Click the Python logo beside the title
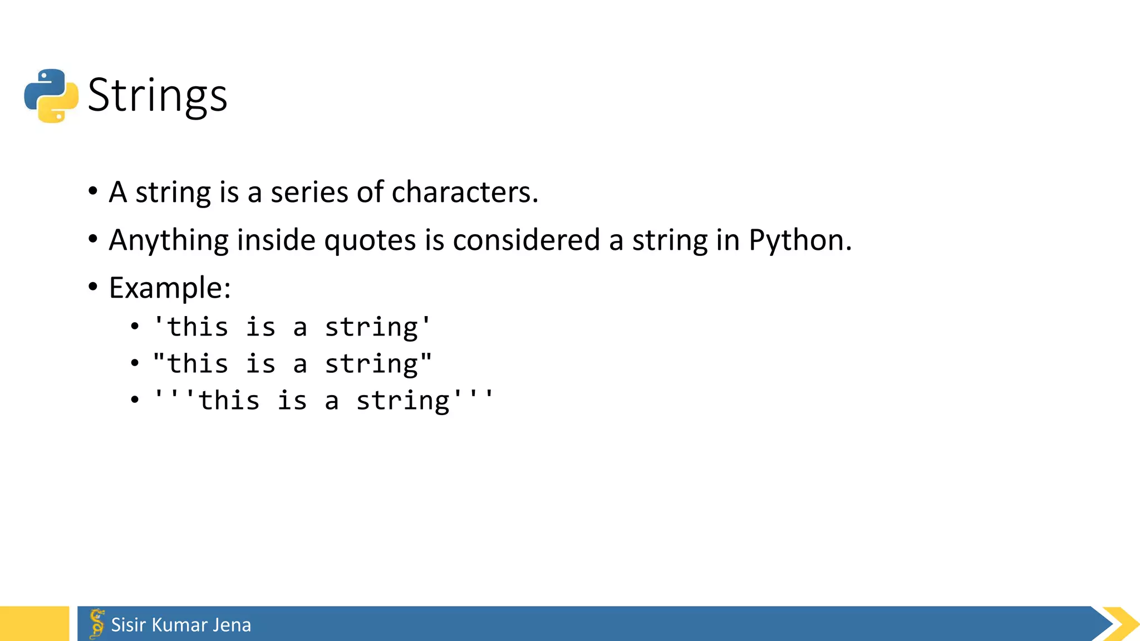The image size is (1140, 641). [x=51, y=96]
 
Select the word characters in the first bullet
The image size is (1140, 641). [x=465, y=193]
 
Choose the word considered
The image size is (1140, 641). [x=526, y=241]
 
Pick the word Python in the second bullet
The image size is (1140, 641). [x=799, y=241]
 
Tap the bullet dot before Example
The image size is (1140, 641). [x=93, y=287]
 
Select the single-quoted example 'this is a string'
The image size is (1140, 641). [x=292, y=327]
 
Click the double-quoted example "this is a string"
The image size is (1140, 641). [x=292, y=364]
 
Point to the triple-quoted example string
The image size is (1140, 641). [x=323, y=401]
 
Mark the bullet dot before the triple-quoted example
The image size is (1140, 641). [x=135, y=400]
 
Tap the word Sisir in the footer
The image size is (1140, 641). [x=129, y=625]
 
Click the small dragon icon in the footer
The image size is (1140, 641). [x=97, y=623]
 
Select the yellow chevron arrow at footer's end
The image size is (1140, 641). [x=1121, y=624]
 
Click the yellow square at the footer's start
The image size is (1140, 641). [x=34, y=624]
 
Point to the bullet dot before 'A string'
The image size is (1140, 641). [x=93, y=191]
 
